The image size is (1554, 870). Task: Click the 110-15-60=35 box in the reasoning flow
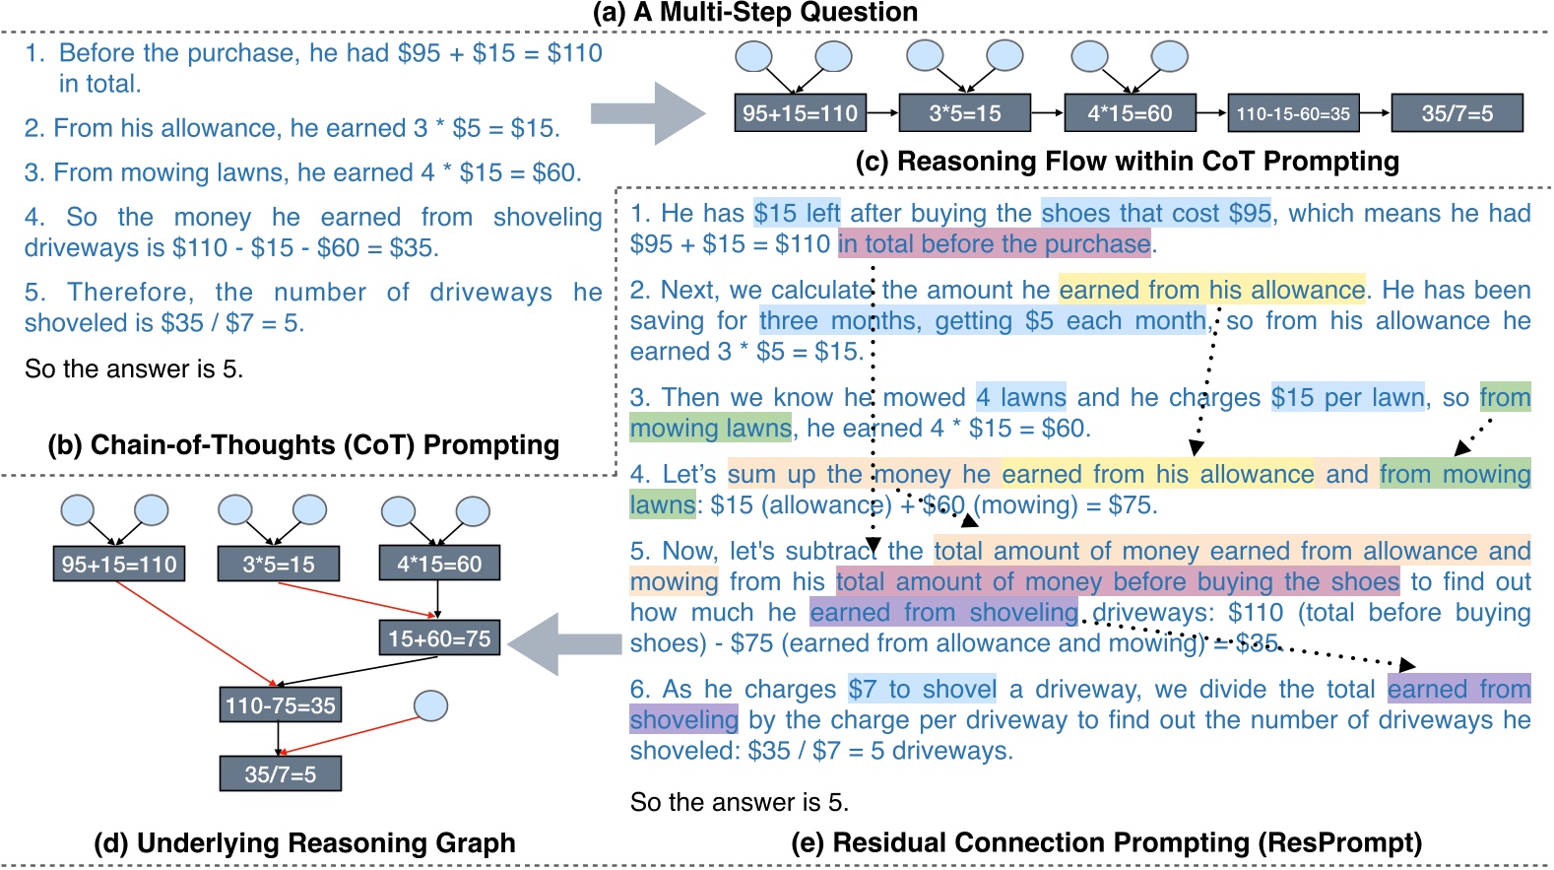click(x=1293, y=113)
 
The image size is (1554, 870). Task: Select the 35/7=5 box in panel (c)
click(x=1457, y=113)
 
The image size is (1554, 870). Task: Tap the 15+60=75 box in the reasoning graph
click(x=439, y=638)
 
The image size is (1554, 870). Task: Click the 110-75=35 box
click(x=281, y=705)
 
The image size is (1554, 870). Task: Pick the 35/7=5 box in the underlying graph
click(x=281, y=774)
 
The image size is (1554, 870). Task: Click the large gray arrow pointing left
click(x=563, y=643)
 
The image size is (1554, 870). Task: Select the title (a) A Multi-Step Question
click(x=755, y=13)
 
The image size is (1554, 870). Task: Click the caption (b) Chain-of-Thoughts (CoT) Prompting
click(x=303, y=445)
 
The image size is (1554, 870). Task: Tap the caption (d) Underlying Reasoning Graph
click(x=304, y=843)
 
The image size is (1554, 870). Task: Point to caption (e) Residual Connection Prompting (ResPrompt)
click(x=1107, y=843)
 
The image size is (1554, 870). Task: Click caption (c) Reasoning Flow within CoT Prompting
click(x=1127, y=162)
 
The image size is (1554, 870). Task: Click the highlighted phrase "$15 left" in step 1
click(x=797, y=213)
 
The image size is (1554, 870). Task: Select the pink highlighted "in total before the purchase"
click(x=995, y=243)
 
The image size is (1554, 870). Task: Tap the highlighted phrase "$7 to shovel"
click(x=923, y=689)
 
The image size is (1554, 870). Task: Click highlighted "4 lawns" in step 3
click(x=1021, y=397)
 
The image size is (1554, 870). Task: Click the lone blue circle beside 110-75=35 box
click(x=430, y=705)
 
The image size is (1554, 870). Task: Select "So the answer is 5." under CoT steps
click(x=134, y=368)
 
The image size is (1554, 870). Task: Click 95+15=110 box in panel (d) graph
click(x=119, y=565)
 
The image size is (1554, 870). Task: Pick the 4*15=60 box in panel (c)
click(x=1130, y=113)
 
